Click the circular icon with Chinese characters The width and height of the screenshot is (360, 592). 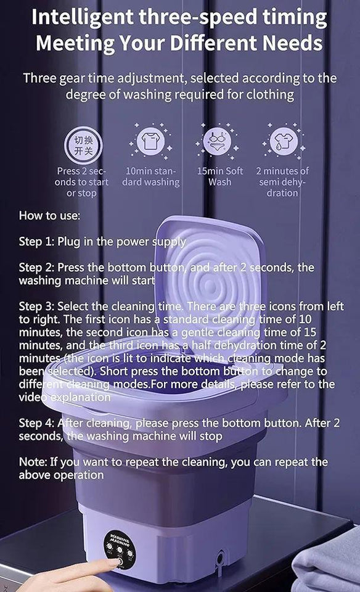(x=80, y=143)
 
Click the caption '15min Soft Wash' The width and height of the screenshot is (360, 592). (x=220, y=176)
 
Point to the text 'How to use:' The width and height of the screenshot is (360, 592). (x=49, y=216)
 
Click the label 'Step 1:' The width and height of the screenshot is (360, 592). (x=37, y=242)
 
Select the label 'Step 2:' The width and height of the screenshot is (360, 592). (x=37, y=268)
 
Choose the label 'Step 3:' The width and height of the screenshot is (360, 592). (x=37, y=306)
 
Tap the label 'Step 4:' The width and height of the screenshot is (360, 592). (x=37, y=423)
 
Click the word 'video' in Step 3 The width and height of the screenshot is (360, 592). (x=33, y=397)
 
